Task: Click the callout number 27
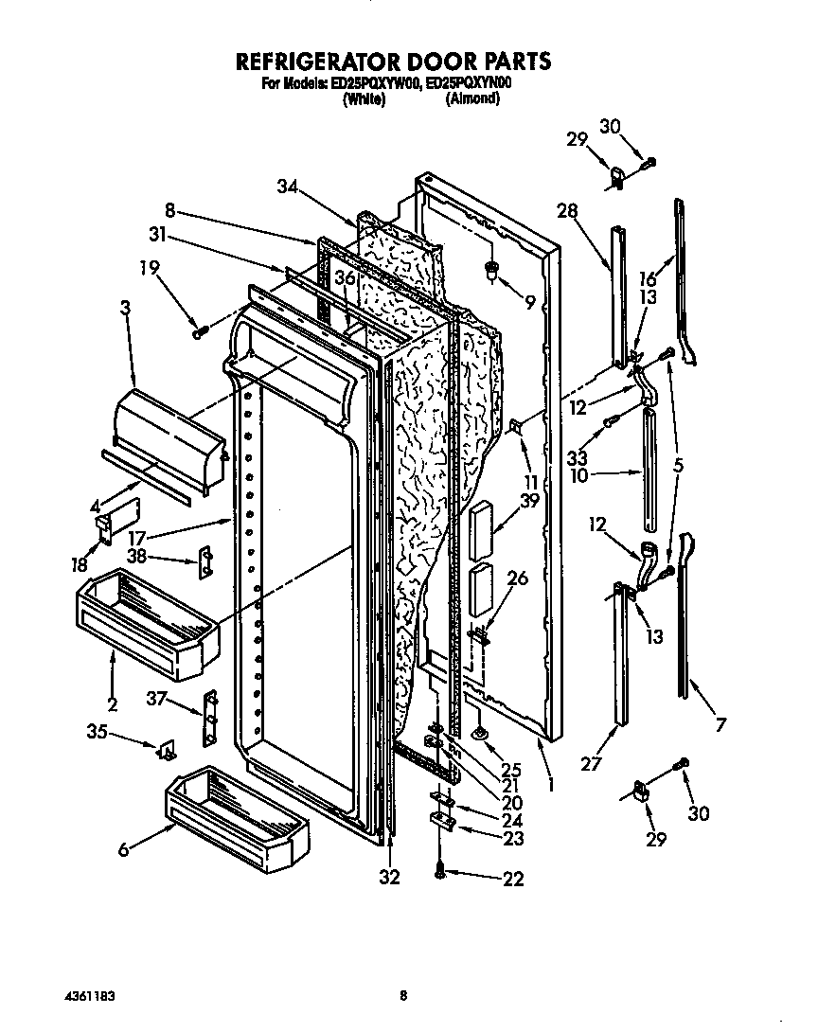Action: tap(591, 764)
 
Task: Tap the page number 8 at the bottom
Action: tap(403, 995)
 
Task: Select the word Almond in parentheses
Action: tap(472, 99)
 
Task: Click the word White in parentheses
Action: tap(364, 99)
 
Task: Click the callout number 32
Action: tap(389, 878)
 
